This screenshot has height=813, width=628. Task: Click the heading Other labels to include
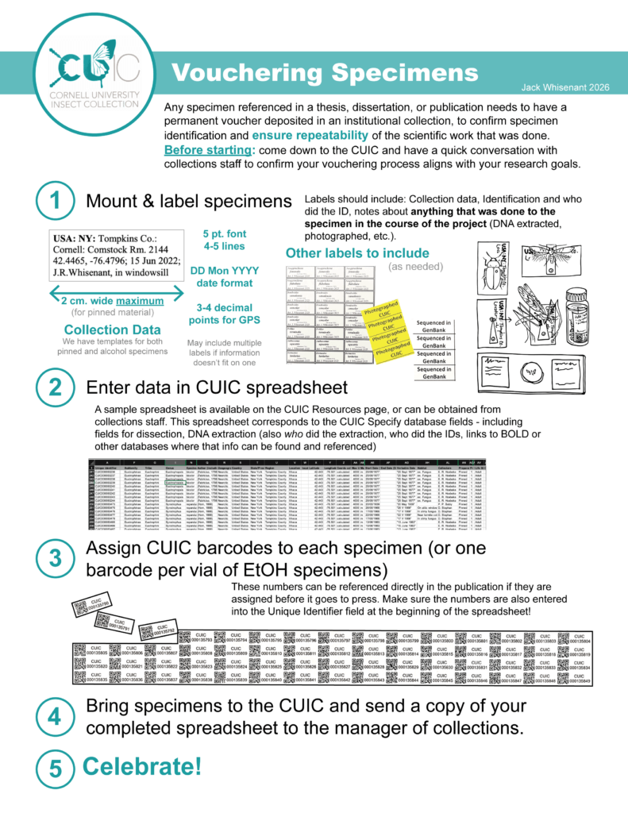click(x=345, y=253)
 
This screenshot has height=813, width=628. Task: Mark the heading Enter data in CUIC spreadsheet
click(x=216, y=388)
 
